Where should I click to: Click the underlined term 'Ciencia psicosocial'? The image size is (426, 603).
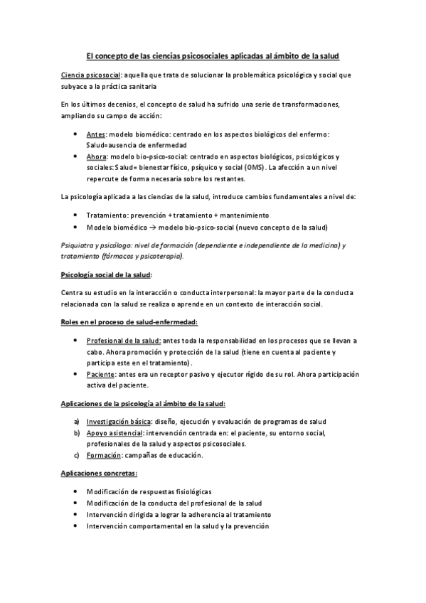click(x=90, y=75)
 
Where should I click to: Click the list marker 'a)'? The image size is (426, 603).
click(x=77, y=422)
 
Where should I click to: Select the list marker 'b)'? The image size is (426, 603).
click(x=77, y=432)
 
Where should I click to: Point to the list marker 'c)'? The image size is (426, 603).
click(x=77, y=454)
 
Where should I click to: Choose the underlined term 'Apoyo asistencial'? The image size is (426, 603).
click(x=115, y=432)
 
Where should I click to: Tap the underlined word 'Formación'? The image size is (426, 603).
click(x=102, y=454)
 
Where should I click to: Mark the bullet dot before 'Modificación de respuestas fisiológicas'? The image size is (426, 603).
click(x=76, y=492)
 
